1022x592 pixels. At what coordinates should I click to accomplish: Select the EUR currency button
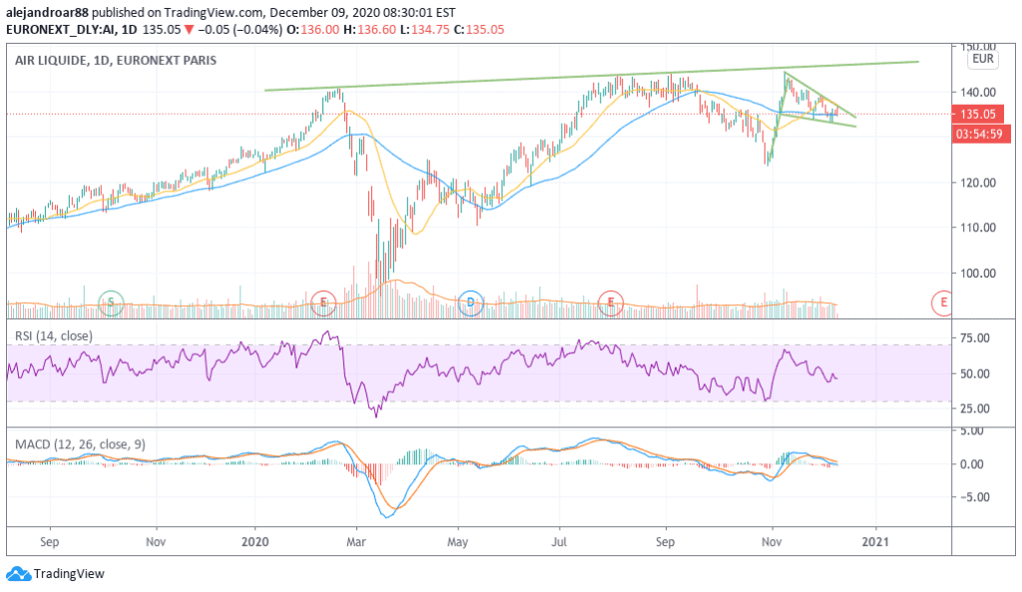983,59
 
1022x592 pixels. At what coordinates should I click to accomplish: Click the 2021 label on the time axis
875,540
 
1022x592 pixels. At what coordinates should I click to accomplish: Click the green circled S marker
111,300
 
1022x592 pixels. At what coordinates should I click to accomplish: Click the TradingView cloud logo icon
17,574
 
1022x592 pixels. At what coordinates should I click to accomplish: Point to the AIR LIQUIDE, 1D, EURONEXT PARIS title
115,61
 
